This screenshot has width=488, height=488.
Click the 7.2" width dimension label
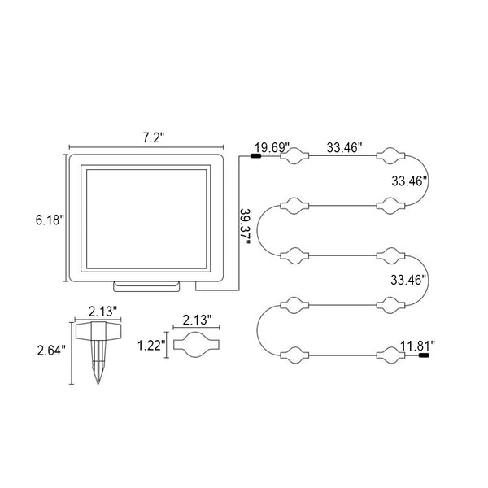coord(154,137)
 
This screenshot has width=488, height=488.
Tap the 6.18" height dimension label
coord(50,220)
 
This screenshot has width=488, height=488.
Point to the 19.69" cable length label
coord(272,147)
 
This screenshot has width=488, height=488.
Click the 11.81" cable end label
coord(417,346)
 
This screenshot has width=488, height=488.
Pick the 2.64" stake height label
coord(51,351)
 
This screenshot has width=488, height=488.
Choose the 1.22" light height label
coord(152,346)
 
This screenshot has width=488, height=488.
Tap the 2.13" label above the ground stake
coord(102,312)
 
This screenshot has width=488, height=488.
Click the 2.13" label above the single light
coord(197,320)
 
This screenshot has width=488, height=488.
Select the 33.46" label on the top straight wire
coord(345,147)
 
